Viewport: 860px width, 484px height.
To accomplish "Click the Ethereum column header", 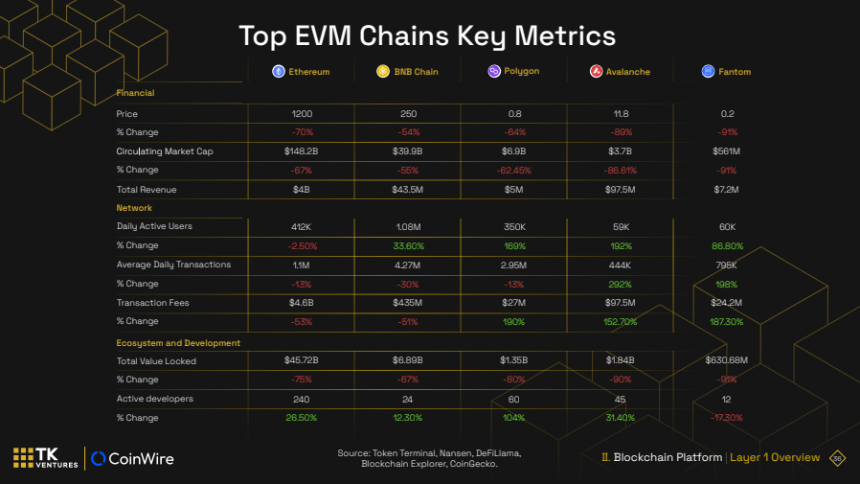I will click(x=302, y=72).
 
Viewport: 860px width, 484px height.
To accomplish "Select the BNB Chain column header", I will click(x=408, y=72).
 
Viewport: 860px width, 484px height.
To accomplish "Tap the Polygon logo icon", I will click(x=494, y=72).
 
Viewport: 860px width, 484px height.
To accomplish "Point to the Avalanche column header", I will click(x=621, y=72).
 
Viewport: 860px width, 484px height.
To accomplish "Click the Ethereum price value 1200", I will click(x=302, y=114).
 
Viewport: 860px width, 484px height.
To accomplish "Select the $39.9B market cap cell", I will click(x=408, y=151).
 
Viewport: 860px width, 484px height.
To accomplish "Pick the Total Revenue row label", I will click(x=147, y=190).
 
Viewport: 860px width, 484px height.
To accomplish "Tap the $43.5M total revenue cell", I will click(x=408, y=190).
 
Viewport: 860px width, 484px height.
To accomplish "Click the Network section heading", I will click(x=134, y=208).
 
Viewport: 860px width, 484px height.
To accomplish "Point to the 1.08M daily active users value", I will click(x=408, y=227).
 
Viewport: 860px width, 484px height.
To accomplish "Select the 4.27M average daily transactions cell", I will click(x=408, y=265).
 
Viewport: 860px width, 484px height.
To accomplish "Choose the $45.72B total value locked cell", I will click(x=302, y=360).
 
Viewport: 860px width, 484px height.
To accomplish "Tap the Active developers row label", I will click(x=154, y=399).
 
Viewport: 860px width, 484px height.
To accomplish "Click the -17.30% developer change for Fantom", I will click(x=727, y=418).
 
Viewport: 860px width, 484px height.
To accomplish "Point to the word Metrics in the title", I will click(x=564, y=35).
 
